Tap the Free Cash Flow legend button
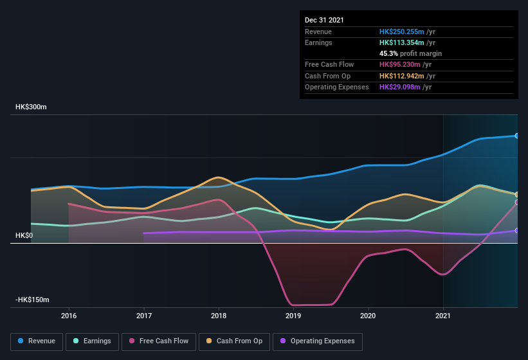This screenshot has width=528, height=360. click(159, 341)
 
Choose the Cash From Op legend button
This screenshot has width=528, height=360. click(234, 341)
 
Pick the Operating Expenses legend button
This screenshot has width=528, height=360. click(318, 341)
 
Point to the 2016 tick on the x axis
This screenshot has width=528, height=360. click(69, 316)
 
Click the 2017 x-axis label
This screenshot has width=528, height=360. click(144, 316)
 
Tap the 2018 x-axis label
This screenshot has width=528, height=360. click(219, 316)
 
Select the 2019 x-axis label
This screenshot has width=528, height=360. click(293, 316)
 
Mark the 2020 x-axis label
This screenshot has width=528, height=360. click(368, 316)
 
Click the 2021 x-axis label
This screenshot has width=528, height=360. click(442, 316)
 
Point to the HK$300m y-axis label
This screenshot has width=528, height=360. click(31, 107)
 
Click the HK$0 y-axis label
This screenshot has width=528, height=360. click(24, 236)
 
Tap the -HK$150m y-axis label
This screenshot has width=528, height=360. click(32, 300)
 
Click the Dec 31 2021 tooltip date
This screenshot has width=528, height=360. click(324, 20)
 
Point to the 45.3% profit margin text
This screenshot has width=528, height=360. click(410, 53)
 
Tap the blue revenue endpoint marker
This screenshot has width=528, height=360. click(516, 136)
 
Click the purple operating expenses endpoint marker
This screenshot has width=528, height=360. click(516, 230)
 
